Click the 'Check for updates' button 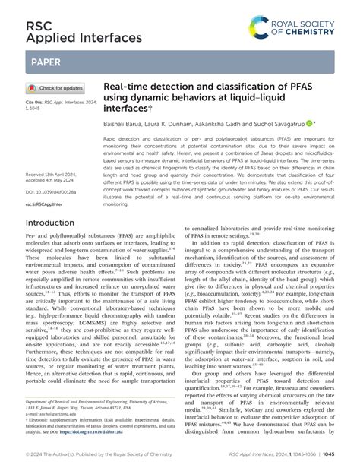coord(56,88)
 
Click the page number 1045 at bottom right coord(328,453)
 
